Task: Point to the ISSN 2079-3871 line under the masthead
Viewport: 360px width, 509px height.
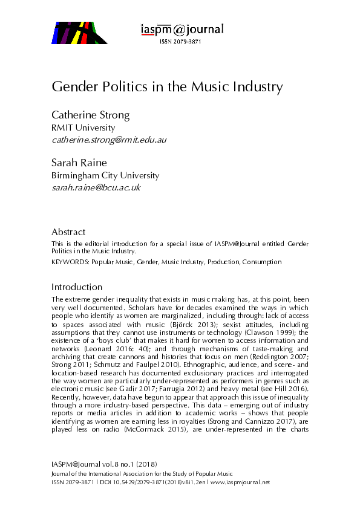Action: [180, 42]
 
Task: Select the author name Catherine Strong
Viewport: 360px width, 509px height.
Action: [91, 115]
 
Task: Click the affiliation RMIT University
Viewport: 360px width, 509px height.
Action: [83, 128]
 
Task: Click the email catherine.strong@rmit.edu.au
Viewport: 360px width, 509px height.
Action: [109, 140]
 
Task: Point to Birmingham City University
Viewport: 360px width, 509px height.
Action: [105, 175]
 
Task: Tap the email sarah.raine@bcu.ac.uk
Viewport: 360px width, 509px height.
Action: [96, 187]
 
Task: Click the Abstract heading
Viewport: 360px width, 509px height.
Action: [68, 232]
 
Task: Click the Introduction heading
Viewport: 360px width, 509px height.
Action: [77, 287]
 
